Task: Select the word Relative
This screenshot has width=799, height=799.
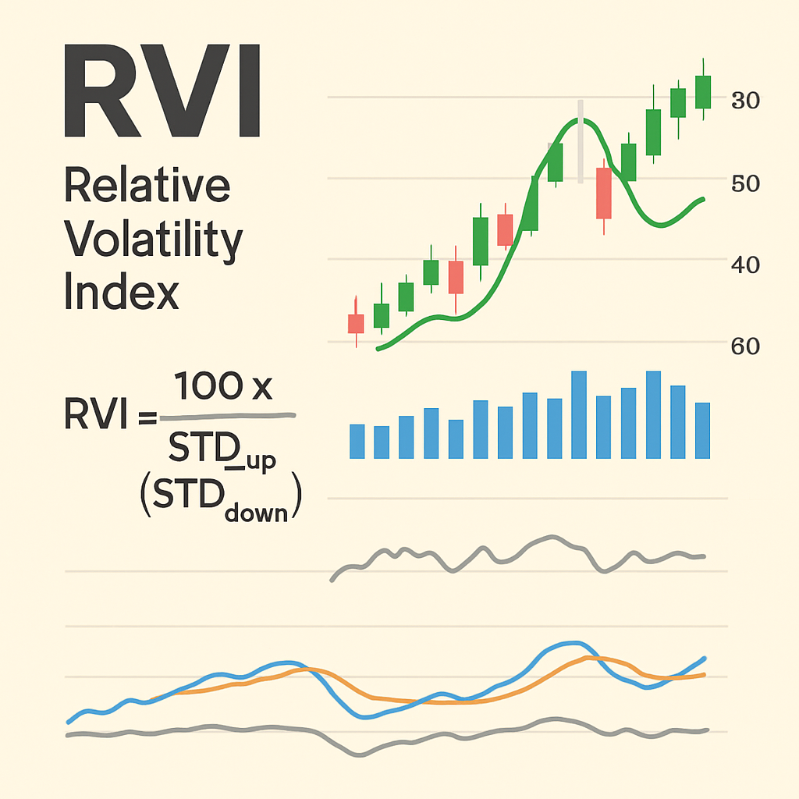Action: pos(147,187)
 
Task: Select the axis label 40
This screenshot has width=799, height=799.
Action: pos(744,265)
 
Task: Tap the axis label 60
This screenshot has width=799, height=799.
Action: pos(744,346)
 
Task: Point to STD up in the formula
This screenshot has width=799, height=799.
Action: pos(222,456)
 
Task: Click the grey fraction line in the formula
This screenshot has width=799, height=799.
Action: pos(226,417)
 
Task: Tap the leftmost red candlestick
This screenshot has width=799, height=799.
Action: pos(356,323)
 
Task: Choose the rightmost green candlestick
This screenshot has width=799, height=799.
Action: pos(703,91)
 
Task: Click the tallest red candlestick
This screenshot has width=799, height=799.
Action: pos(603,193)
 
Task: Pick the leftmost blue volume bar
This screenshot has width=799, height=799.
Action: pos(357,441)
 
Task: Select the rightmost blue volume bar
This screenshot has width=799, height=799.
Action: pos(702,430)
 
